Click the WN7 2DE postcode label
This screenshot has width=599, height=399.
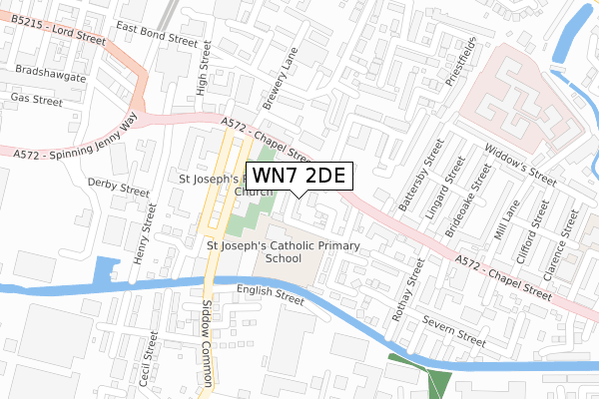click(x=299, y=176)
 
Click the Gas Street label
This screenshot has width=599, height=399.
click(x=35, y=99)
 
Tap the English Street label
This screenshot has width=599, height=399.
click(x=270, y=295)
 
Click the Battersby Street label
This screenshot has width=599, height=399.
click(x=420, y=182)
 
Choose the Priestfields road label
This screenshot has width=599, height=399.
click(x=461, y=61)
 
